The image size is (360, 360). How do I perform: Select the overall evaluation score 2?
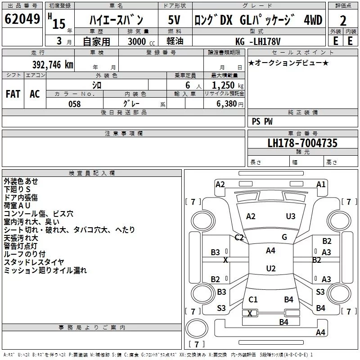point(343,21)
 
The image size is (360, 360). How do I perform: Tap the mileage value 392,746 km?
point(53,64)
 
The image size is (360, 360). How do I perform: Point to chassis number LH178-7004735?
point(302,144)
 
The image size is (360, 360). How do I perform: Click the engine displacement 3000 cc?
point(137,42)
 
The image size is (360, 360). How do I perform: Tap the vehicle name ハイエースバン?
point(116,20)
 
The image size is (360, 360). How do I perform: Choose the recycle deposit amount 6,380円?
point(227,104)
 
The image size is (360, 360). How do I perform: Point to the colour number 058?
point(74,104)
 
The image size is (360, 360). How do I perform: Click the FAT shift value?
point(13,94)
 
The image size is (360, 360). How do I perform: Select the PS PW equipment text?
point(262,121)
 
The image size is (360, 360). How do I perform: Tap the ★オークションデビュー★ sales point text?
point(288,63)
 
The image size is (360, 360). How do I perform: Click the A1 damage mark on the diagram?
point(321,184)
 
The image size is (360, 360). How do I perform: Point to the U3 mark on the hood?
point(291,216)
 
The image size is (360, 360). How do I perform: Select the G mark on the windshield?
point(284,237)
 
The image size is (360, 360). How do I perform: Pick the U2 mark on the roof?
point(270,269)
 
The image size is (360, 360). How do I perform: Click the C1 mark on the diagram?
point(253,299)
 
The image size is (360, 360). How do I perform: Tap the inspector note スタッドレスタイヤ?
point(34,262)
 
